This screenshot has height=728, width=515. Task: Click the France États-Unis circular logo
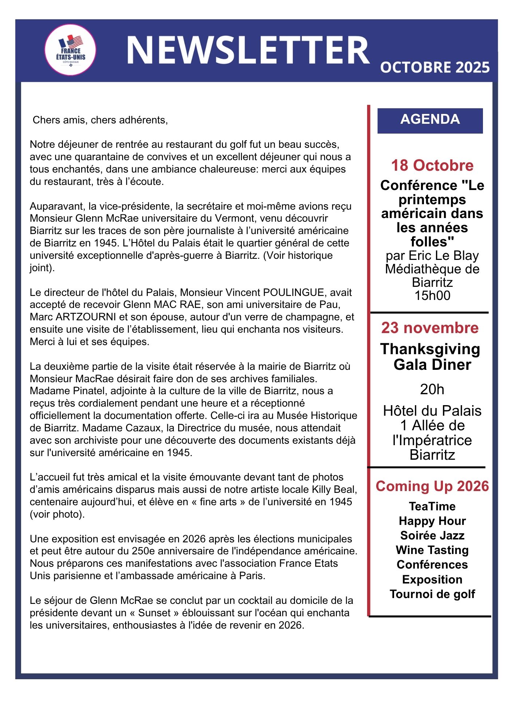point(70,50)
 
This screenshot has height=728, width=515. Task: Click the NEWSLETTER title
point(248,50)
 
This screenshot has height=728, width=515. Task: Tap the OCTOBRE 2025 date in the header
point(435,68)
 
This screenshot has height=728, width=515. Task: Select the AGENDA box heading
point(430,120)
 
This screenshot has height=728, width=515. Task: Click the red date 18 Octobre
point(432,166)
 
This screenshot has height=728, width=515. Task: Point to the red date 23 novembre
point(430,328)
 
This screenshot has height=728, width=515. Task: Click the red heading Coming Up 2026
point(432,486)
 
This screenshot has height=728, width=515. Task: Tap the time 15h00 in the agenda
point(432,296)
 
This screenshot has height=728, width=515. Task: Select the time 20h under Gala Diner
point(432,389)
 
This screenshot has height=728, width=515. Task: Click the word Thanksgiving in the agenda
point(430,349)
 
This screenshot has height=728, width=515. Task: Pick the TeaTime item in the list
point(432,506)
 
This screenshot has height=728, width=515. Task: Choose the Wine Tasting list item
point(432,550)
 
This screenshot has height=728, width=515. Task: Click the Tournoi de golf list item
point(432,594)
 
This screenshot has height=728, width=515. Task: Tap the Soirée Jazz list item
point(432,535)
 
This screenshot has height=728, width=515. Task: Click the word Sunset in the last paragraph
point(154,613)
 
